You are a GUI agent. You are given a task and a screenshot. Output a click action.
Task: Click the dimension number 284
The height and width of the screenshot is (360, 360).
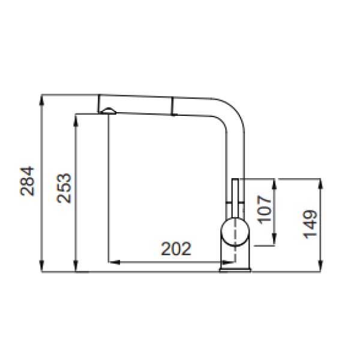[x=27, y=181]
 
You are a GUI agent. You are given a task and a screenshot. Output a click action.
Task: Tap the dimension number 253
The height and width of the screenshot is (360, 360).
[x=64, y=188]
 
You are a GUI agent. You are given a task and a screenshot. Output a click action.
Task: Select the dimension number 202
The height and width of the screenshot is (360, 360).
[x=176, y=248]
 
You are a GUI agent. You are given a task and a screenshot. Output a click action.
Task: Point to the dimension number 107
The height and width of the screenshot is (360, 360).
[x=264, y=209]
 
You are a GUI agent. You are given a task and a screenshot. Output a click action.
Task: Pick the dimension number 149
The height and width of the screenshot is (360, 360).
[x=310, y=224]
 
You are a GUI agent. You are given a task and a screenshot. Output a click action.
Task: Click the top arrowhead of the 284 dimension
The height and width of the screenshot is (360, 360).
[x=41, y=100]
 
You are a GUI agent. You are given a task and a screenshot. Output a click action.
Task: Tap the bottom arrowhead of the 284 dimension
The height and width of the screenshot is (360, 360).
[x=41, y=266]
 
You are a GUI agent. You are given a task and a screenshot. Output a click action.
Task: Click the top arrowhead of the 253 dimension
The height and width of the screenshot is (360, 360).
[x=76, y=119]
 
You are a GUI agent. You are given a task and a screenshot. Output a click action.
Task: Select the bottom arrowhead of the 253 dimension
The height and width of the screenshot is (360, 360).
[x=76, y=266]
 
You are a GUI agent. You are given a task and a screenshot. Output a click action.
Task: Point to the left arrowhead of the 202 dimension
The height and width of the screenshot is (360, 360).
[x=114, y=262]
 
